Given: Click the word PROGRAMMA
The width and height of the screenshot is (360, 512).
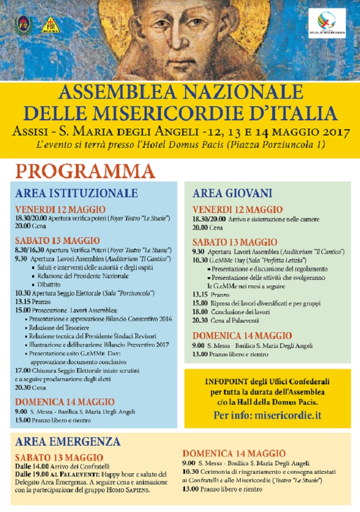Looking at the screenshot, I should coord(84,171).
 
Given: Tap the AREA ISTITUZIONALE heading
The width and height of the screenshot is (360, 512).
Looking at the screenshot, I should coord(76,193).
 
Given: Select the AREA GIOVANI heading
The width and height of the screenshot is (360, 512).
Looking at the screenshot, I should coord(232,193).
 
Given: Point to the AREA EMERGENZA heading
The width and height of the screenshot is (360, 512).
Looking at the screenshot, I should coord(68,441).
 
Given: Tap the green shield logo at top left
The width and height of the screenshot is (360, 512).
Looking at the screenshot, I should coord(23,25).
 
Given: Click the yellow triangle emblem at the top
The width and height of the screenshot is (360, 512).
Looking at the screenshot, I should coord(50,25).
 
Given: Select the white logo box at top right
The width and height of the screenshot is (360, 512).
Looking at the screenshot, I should coord(327,24).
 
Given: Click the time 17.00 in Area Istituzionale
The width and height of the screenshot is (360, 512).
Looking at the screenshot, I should coord(23,370).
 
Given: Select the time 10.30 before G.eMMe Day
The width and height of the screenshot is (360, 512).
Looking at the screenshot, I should coord(200,261).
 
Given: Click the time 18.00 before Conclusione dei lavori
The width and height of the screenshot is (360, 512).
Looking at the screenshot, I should coord(200,311).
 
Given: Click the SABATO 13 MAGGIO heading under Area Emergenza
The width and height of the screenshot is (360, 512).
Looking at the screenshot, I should coord(59,457).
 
